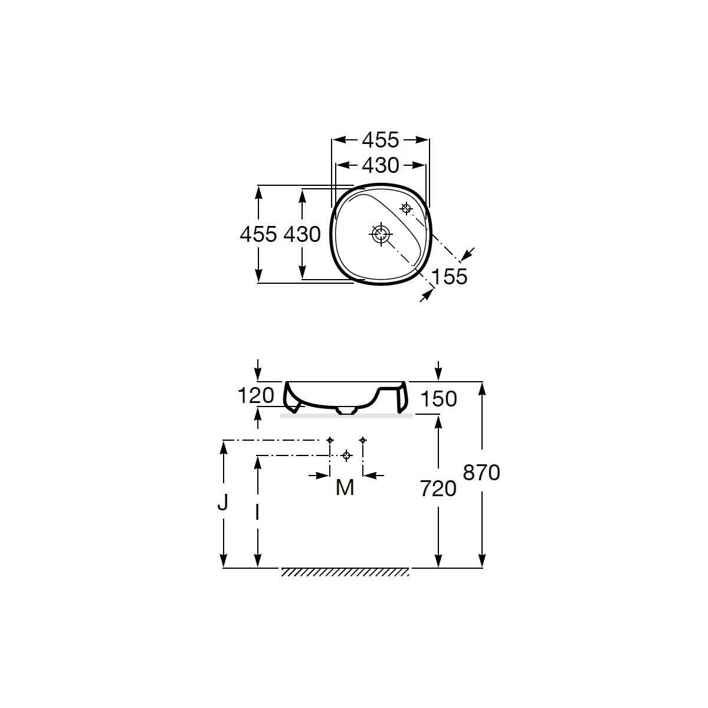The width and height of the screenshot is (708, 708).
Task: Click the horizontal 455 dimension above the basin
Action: (380, 140)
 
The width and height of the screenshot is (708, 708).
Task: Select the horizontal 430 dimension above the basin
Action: (381, 165)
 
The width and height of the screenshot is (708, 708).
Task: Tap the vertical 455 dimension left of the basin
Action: (258, 234)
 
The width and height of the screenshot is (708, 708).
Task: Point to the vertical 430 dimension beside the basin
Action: (302, 234)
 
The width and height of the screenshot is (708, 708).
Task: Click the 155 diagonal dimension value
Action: (449, 276)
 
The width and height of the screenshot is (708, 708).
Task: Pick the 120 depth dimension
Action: (256, 396)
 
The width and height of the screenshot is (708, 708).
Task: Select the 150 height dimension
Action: (438, 399)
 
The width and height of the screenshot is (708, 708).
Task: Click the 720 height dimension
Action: (438, 489)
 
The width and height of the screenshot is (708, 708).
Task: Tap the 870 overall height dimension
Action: (481, 473)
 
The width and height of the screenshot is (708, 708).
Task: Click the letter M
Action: (345, 488)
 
